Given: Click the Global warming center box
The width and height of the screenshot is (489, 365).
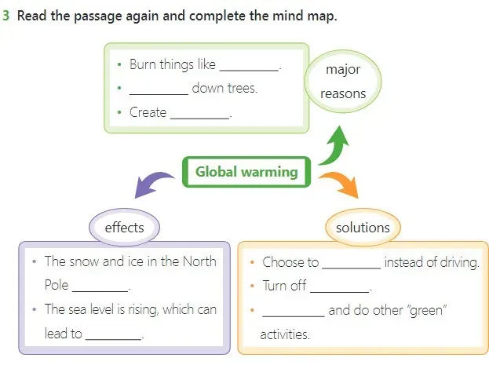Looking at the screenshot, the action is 246,171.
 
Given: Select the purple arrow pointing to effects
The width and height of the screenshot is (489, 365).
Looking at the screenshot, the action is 155,185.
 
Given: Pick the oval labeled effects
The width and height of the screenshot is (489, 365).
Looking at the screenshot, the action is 124,228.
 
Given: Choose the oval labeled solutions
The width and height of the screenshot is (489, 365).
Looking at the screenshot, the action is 362,228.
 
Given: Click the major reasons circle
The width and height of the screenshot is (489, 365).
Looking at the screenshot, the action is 343,82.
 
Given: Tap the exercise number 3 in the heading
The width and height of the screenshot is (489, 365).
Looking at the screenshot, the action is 6,16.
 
